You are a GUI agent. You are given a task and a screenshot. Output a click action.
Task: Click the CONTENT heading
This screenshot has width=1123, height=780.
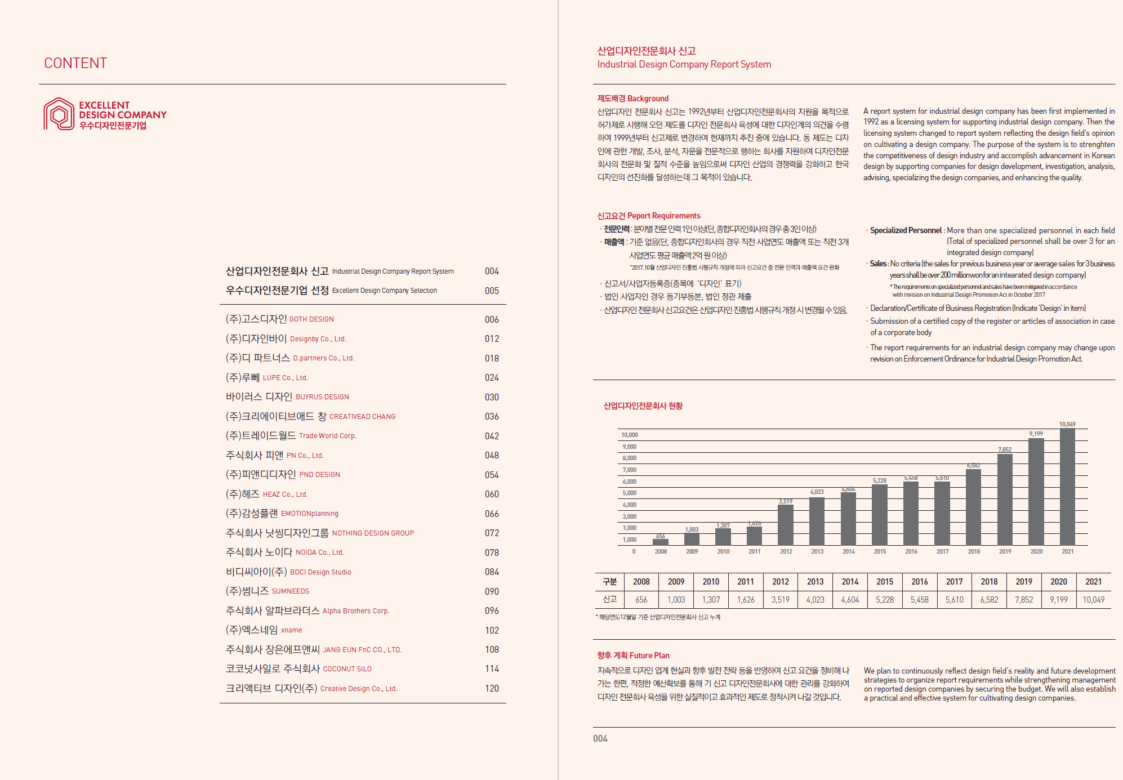pyautogui.click(x=75, y=63)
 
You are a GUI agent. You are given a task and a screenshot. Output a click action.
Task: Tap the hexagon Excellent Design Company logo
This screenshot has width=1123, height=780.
pyautogui.click(x=59, y=114)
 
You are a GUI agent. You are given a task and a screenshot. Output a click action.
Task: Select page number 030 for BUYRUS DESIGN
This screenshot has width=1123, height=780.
pyautogui.click(x=492, y=397)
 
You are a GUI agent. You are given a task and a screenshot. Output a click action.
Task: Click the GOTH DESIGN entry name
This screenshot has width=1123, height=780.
pyautogui.click(x=311, y=319)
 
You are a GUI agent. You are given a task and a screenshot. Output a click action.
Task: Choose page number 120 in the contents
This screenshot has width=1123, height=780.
pyautogui.click(x=492, y=688)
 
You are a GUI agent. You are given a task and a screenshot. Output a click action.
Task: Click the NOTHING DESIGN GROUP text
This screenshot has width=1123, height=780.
pyautogui.click(x=373, y=533)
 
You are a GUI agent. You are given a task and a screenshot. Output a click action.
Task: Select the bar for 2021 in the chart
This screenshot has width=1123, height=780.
pyautogui.click(x=1067, y=487)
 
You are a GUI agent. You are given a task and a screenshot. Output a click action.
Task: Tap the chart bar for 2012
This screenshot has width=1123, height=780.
pyautogui.click(x=786, y=525)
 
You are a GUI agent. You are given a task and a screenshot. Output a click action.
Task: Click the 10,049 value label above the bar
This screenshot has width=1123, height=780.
pyautogui.click(x=1067, y=424)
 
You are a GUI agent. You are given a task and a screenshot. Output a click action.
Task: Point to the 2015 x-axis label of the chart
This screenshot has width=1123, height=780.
pyautogui.click(x=880, y=552)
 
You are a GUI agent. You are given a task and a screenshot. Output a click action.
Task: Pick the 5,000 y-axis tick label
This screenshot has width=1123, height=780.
pyautogui.click(x=629, y=493)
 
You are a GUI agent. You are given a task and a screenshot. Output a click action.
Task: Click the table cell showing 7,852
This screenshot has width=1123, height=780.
pyautogui.click(x=1024, y=600)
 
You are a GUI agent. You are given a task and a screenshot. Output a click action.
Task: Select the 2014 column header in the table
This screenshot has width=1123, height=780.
pyautogui.click(x=850, y=582)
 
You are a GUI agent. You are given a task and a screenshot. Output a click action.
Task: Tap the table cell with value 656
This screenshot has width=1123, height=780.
pyautogui.click(x=641, y=600)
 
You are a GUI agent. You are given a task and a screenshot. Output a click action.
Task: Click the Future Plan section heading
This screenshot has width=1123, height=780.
pyautogui.click(x=633, y=656)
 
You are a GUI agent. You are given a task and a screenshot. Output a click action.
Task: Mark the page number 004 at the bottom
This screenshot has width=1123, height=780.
pyautogui.click(x=600, y=739)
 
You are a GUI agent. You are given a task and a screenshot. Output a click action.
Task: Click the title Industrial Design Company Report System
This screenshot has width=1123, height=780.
pyautogui.click(x=684, y=64)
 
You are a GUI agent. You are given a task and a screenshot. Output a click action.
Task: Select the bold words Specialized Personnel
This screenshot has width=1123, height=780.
pyautogui.click(x=906, y=230)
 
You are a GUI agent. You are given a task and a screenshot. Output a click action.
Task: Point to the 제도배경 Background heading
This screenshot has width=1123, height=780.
pyautogui.click(x=633, y=99)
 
